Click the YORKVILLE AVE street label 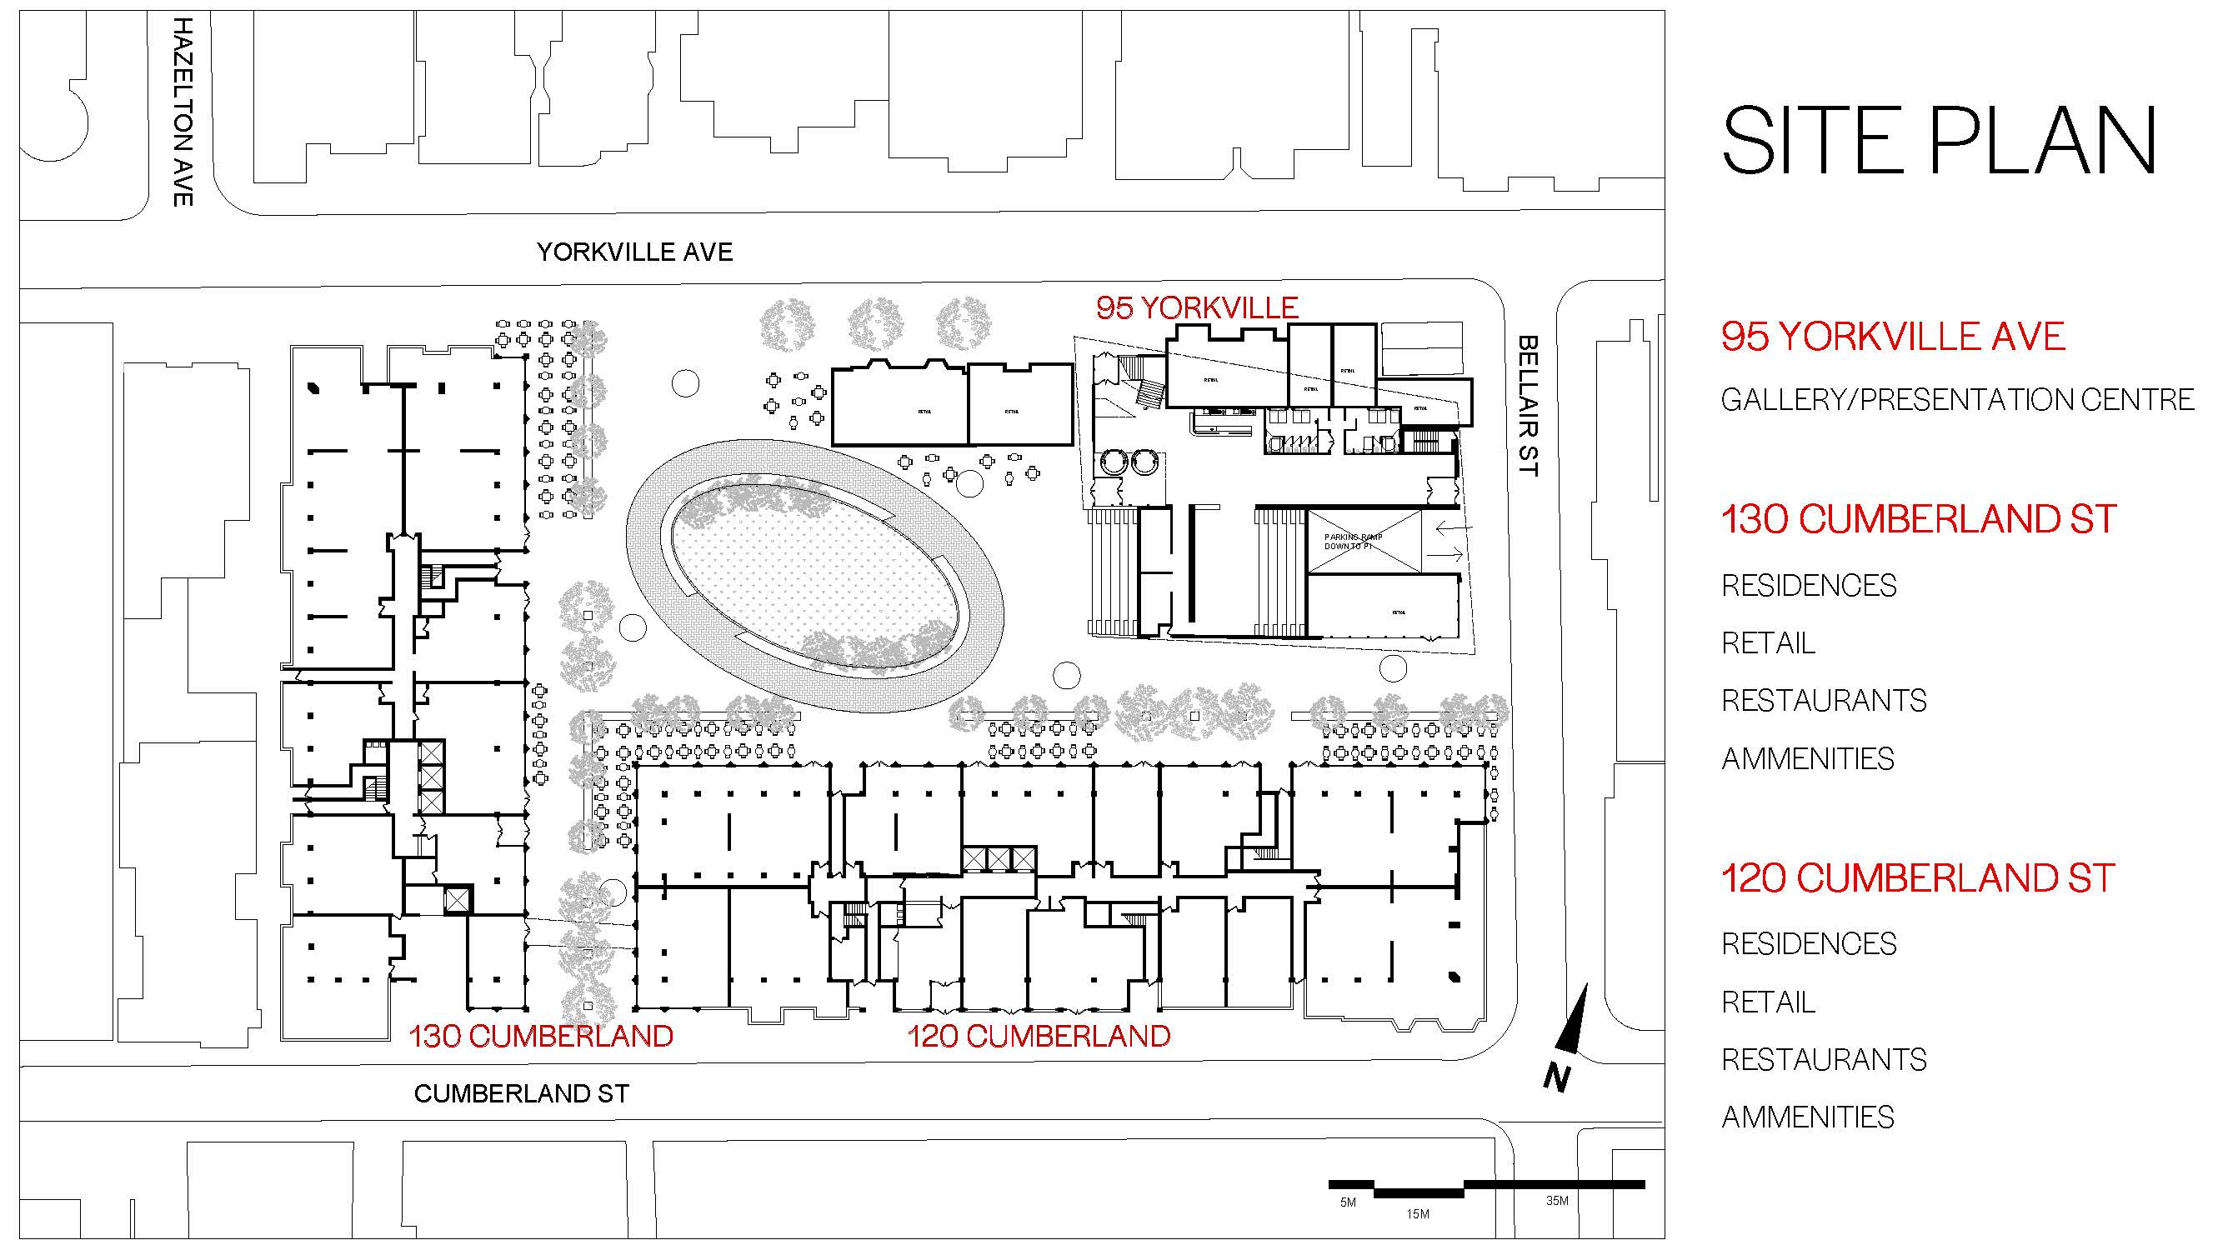pos(634,252)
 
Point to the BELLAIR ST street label pos(1528,406)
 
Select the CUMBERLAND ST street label pos(521,1094)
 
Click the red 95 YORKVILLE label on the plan pos(1197,308)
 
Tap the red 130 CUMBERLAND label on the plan pos(541,1036)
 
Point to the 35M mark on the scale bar pos(1557,1200)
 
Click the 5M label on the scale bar pos(1348,1202)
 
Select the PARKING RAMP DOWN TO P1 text pos(1353,542)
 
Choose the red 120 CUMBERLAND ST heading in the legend pos(1917,878)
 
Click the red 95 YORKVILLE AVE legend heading pos(1892,337)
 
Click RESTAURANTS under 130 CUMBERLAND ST pos(1824,701)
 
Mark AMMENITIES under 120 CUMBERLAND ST pos(1807,1117)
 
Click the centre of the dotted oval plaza pos(815,572)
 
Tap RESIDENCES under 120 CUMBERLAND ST pos(1809,944)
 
